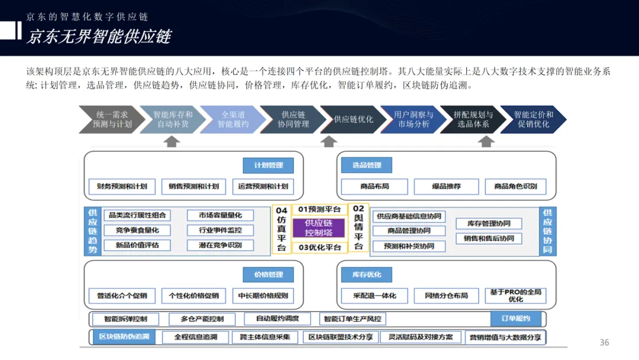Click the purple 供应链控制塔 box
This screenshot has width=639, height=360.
pyautogui.click(x=319, y=227)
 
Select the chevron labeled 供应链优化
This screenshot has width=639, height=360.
pyautogui.click(x=353, y=119)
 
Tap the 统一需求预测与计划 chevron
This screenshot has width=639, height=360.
pyautogui.click(x=112, y=119)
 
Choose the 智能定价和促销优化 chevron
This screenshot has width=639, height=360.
pyautogui.click(x=533, y=119)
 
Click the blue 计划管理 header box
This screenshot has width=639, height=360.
pyautogui.click(x=268, y=165)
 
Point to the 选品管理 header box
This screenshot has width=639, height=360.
pyautogui.click(x=366, y=165)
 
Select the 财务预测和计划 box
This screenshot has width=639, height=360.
pyautogui.click(x=122, y=186)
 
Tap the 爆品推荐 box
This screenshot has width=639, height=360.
pyautogui.click(x=446, y=186)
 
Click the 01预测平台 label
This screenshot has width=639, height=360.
pyautogui.click(x=319, y=209)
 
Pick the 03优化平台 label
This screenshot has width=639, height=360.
pyautogui.click(x=319, y=247)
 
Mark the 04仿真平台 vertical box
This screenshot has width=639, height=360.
pyautogui.click(x=282, y=229)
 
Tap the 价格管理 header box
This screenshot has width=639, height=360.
pyautogui.click(x=268, y=275)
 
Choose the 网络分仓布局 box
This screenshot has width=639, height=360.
pyautogui.click(x=446, y=295)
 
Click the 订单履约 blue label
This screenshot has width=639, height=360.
pyautogui.click(x=515, y=318)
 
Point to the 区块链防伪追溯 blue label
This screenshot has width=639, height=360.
pyautogui.click(x=123, y=337)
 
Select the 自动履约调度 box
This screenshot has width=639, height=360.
pyautogui.click(x=277, y=319)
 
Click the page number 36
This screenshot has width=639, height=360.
pyautogui.click(x=604, y=342)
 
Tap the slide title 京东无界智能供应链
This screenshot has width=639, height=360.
pyautogui.click(x=99, y=37)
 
